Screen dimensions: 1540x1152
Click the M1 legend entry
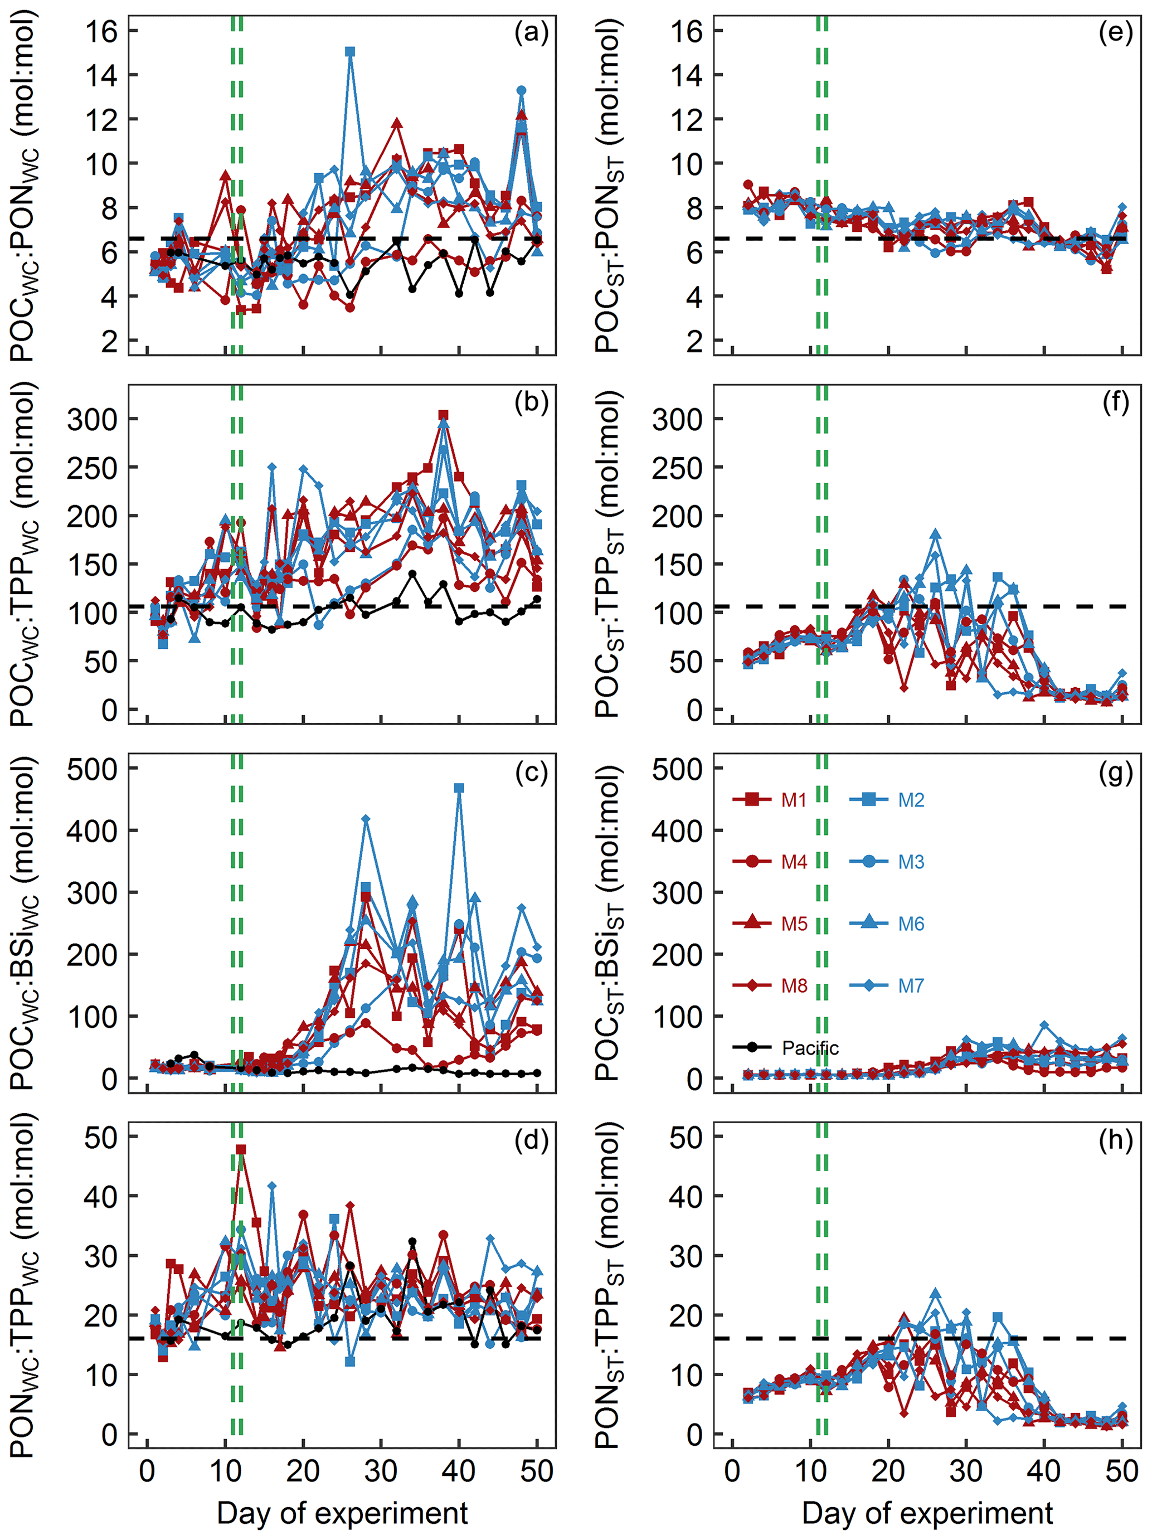(x=769, y=800)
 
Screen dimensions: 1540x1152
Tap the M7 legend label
(x=911, y=986)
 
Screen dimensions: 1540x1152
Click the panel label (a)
(x=531, y=33)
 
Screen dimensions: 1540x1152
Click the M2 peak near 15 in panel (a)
(x=350, y=52)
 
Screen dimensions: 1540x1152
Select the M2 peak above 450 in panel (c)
(x=459, y=788)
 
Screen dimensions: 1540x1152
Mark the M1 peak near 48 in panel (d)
(x=241, y=1149)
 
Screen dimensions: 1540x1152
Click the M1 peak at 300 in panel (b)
(x=444, y=415)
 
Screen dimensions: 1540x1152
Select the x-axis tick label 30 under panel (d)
(x=381, y=1472)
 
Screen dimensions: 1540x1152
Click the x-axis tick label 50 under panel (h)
(x=1122, y=1472)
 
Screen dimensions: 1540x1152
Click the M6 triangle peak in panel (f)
(x=936, y=535)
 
